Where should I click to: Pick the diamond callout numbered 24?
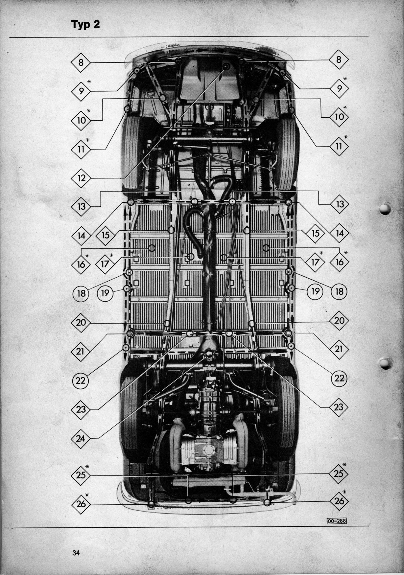point(81,438)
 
